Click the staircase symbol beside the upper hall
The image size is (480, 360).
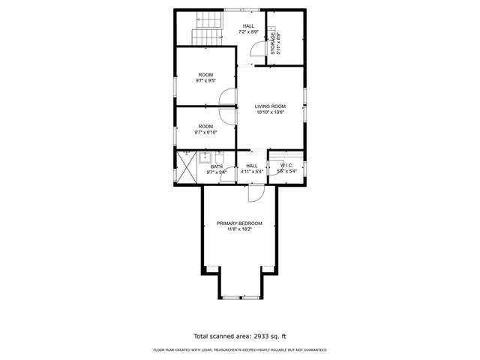tap(208, 30)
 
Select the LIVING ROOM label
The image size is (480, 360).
tap(271, 106)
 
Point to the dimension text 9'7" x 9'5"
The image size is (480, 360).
tap(205, 81)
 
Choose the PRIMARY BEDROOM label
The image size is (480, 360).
tap(239, 223)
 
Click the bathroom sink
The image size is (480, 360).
tap(204, 157)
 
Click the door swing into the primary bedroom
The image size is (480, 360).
tap(256, 194)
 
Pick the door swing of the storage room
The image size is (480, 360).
tap(257, 48)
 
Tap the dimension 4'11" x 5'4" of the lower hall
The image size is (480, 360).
tap(252, 172)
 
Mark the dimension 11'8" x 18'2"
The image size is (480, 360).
tap(239, 229)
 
